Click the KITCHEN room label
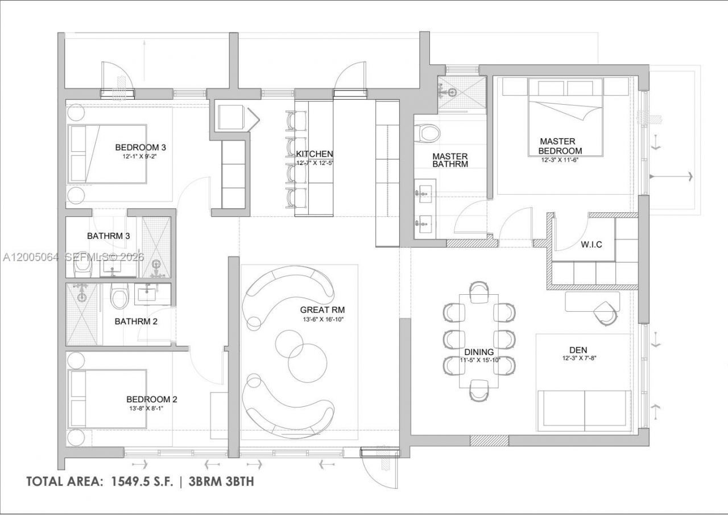coord(315,154)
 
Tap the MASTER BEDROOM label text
coord(561,146)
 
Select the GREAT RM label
coord(322,310)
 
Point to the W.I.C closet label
coord(591,244)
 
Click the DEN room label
coord(578,349)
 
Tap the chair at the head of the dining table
coord(479,290)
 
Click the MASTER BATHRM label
coord(450,160)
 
